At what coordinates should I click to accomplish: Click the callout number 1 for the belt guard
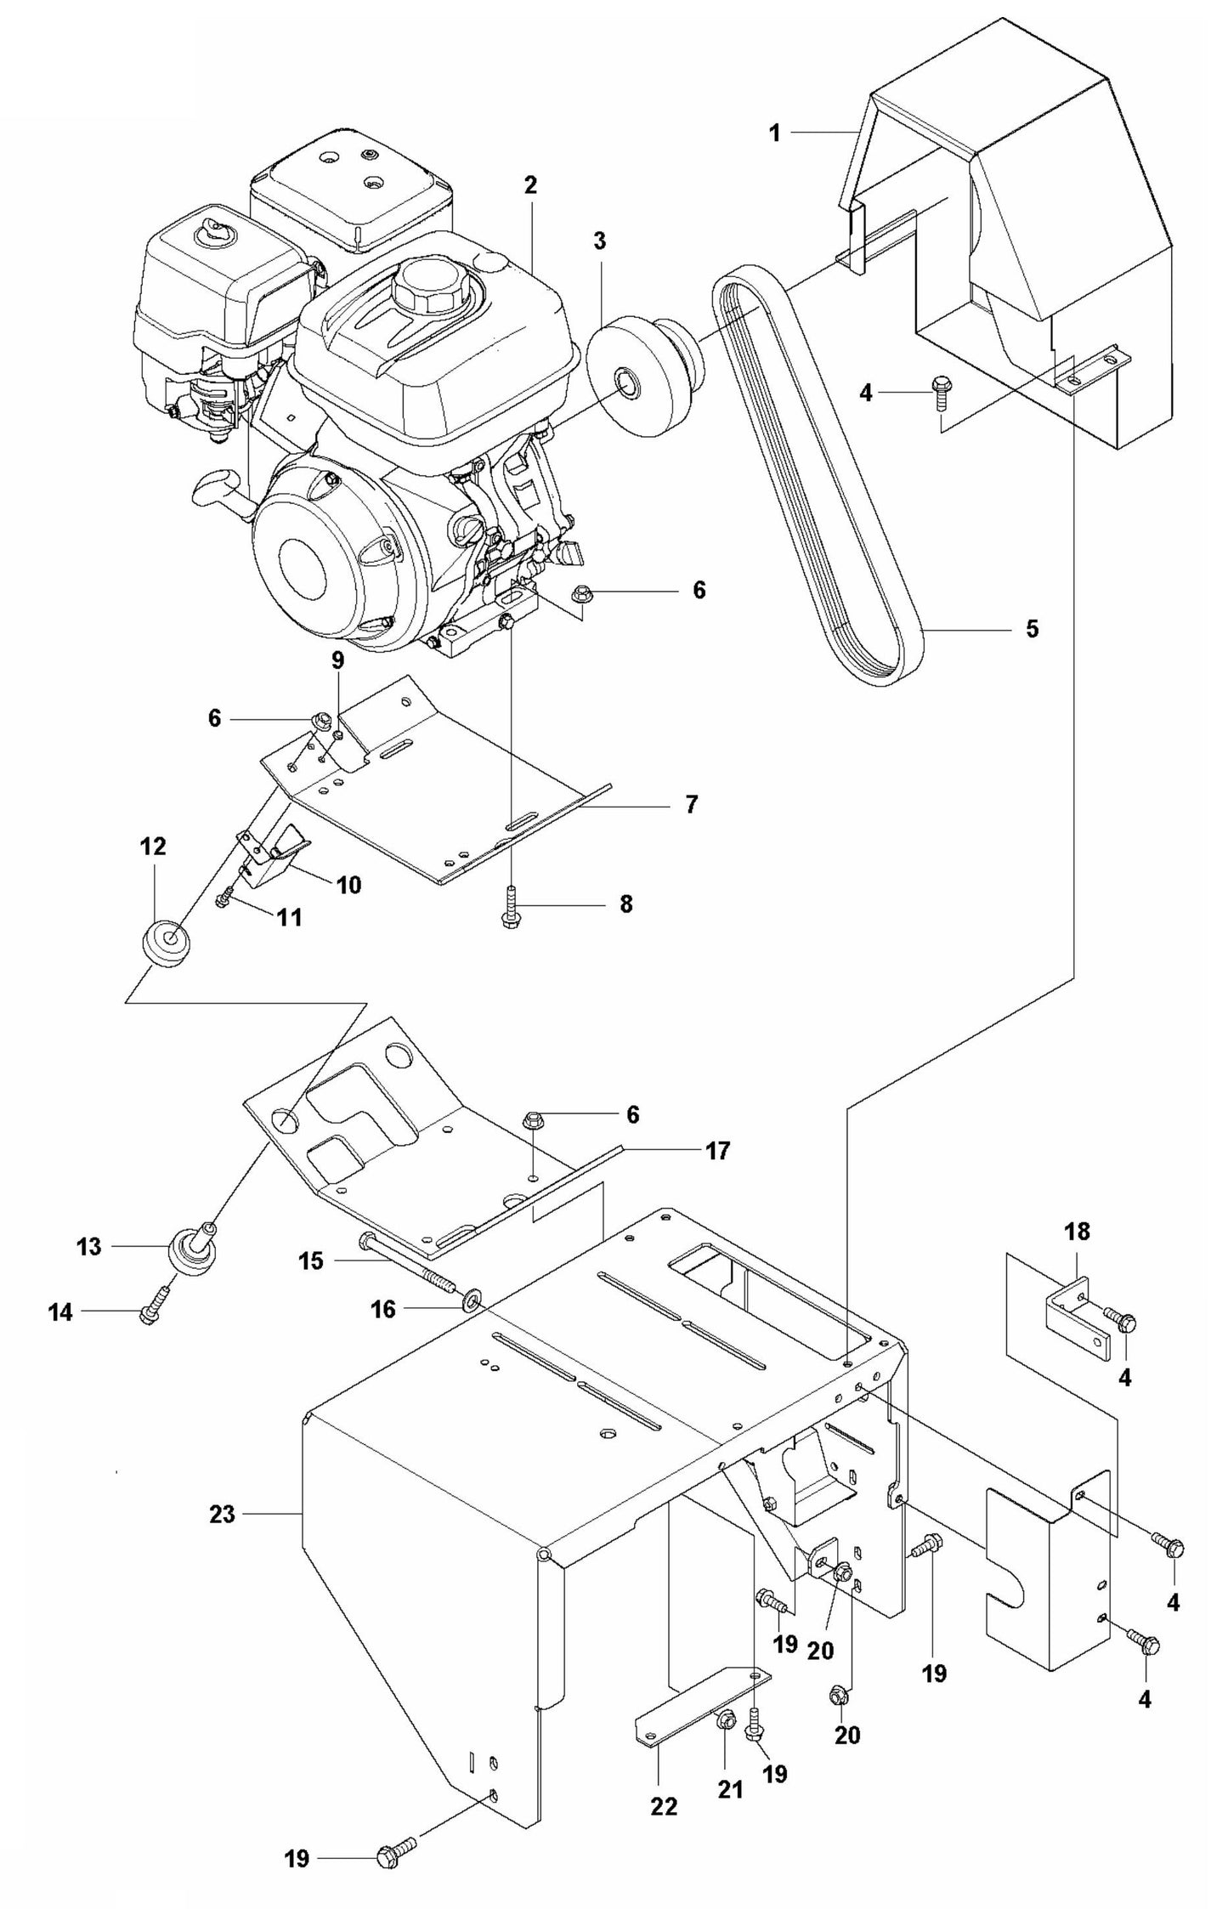(x=773, y=133)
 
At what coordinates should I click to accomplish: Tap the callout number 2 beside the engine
(x=530, y=185)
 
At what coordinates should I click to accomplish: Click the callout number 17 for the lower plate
(x=717, y=1151)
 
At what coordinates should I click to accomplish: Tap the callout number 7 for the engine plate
(x=691, y=803)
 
